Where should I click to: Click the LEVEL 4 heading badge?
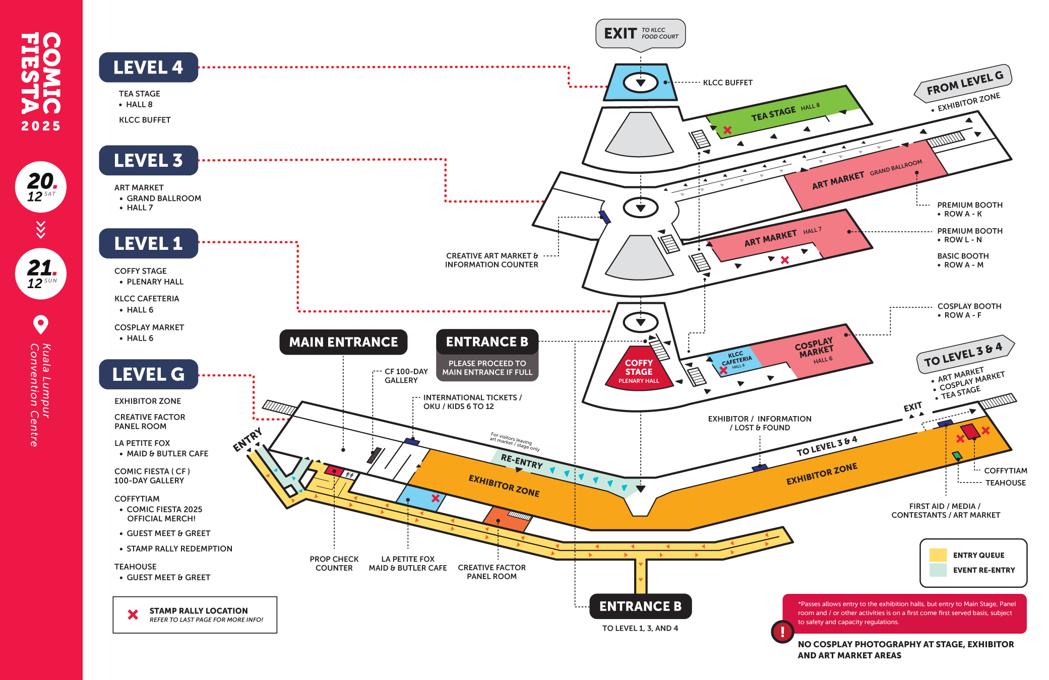[x=148, y=67]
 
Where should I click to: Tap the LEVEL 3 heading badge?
[x=148, y=161]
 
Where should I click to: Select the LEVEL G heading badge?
[x=148, y=374]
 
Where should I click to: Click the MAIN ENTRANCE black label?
[x=343, y=342]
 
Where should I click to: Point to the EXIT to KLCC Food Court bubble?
[x=640, y=34]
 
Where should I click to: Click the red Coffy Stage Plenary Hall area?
[x=639, y=370]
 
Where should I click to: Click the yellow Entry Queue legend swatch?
[x=938, y=555]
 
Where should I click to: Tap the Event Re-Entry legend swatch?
[x=938, y=570]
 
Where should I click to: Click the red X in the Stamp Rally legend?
[x=133, y=615]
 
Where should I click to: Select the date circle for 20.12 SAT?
[x=41, y=187]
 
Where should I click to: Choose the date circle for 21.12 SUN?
[x=41, y=274]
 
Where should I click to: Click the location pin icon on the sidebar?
[x=41, y=324]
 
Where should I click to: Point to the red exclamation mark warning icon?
[x=782, y=631]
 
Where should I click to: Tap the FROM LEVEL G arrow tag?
[x=963, y=83]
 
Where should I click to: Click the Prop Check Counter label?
[x=334, y=563]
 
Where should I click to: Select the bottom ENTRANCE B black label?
[x=640, y=606]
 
